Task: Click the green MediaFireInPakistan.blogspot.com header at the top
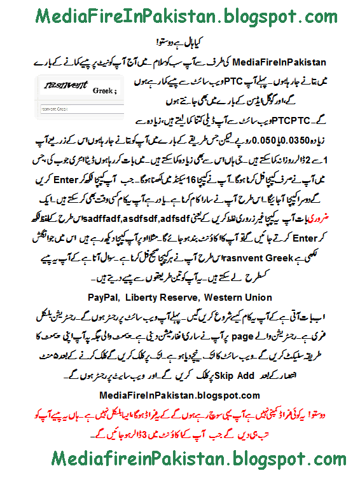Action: coord(180,16)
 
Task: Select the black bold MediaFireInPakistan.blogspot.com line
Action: coord(179,395)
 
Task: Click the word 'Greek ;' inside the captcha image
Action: coord(104,90)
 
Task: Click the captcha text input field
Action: coord(76,109)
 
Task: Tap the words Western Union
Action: coord(241,297)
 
